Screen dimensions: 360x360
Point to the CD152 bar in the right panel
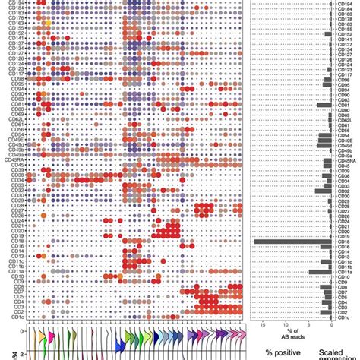pyautogui.click(x=328, y=34)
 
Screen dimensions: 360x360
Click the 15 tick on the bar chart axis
pyautogui.click(x=262, y=324)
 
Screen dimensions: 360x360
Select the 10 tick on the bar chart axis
pyautogui.click(x=285, y=324)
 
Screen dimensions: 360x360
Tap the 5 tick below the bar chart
pyautogui.click(x=308, y=324)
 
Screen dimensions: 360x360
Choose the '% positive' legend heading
pyautogui.click(x=284, y=352)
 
